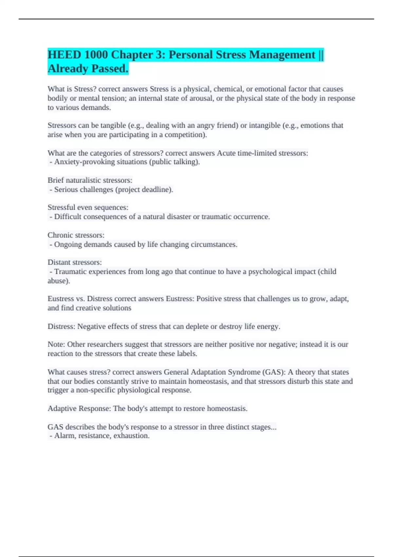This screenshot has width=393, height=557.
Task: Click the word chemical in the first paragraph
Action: coord(228,89)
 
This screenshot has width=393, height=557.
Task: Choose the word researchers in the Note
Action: coord(107,344)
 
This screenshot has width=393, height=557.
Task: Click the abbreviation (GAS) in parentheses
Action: coord(273,372)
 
